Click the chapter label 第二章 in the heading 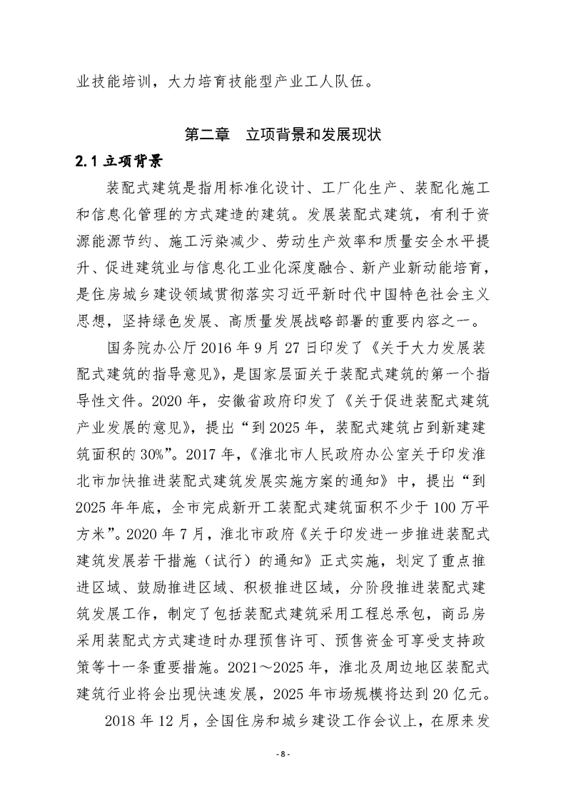click(207, 133)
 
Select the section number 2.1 click(89, 160)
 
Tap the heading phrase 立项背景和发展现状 click(315, 133)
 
